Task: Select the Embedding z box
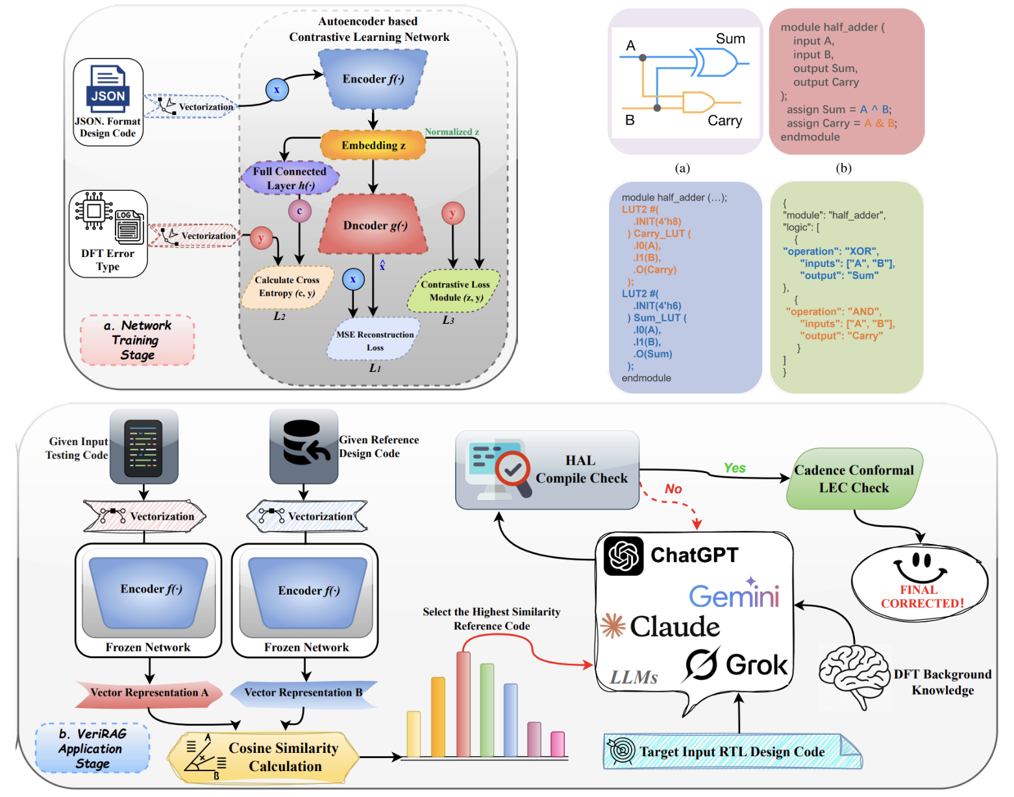click(373, 145)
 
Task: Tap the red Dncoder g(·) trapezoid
click(374, 225)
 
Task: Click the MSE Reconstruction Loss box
click(374, 340)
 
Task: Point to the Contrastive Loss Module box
click(454, 291)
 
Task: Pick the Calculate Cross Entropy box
click(287, 286)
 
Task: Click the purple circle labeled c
click(299, 211)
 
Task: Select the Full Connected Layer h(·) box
click(290, 178)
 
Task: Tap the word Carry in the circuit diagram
click(724, 121)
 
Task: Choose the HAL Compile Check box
click(547, 470)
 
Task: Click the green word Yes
click(734, 468)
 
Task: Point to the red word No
click(673, 489)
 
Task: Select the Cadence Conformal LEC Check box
click(854, 479)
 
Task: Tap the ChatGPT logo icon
click(623, 556)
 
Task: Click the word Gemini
click(734, 596)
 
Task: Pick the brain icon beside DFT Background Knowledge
click(853, 676)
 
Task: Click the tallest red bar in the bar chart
click(464, 704)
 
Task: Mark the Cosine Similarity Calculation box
click(264, 757)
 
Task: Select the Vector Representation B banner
click(303, 693)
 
